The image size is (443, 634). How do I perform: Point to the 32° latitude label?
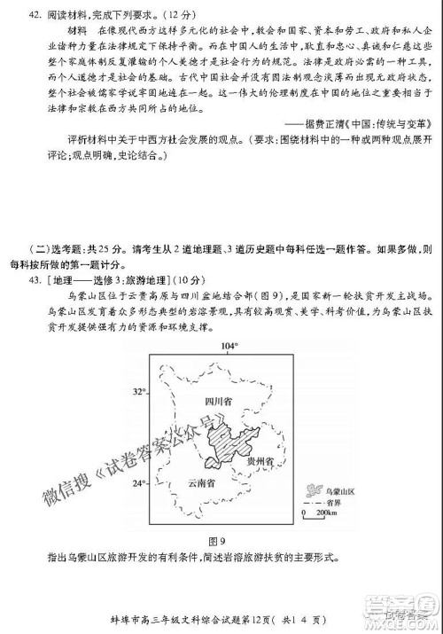[139, 391]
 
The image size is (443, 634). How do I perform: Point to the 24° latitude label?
[139, 484]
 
